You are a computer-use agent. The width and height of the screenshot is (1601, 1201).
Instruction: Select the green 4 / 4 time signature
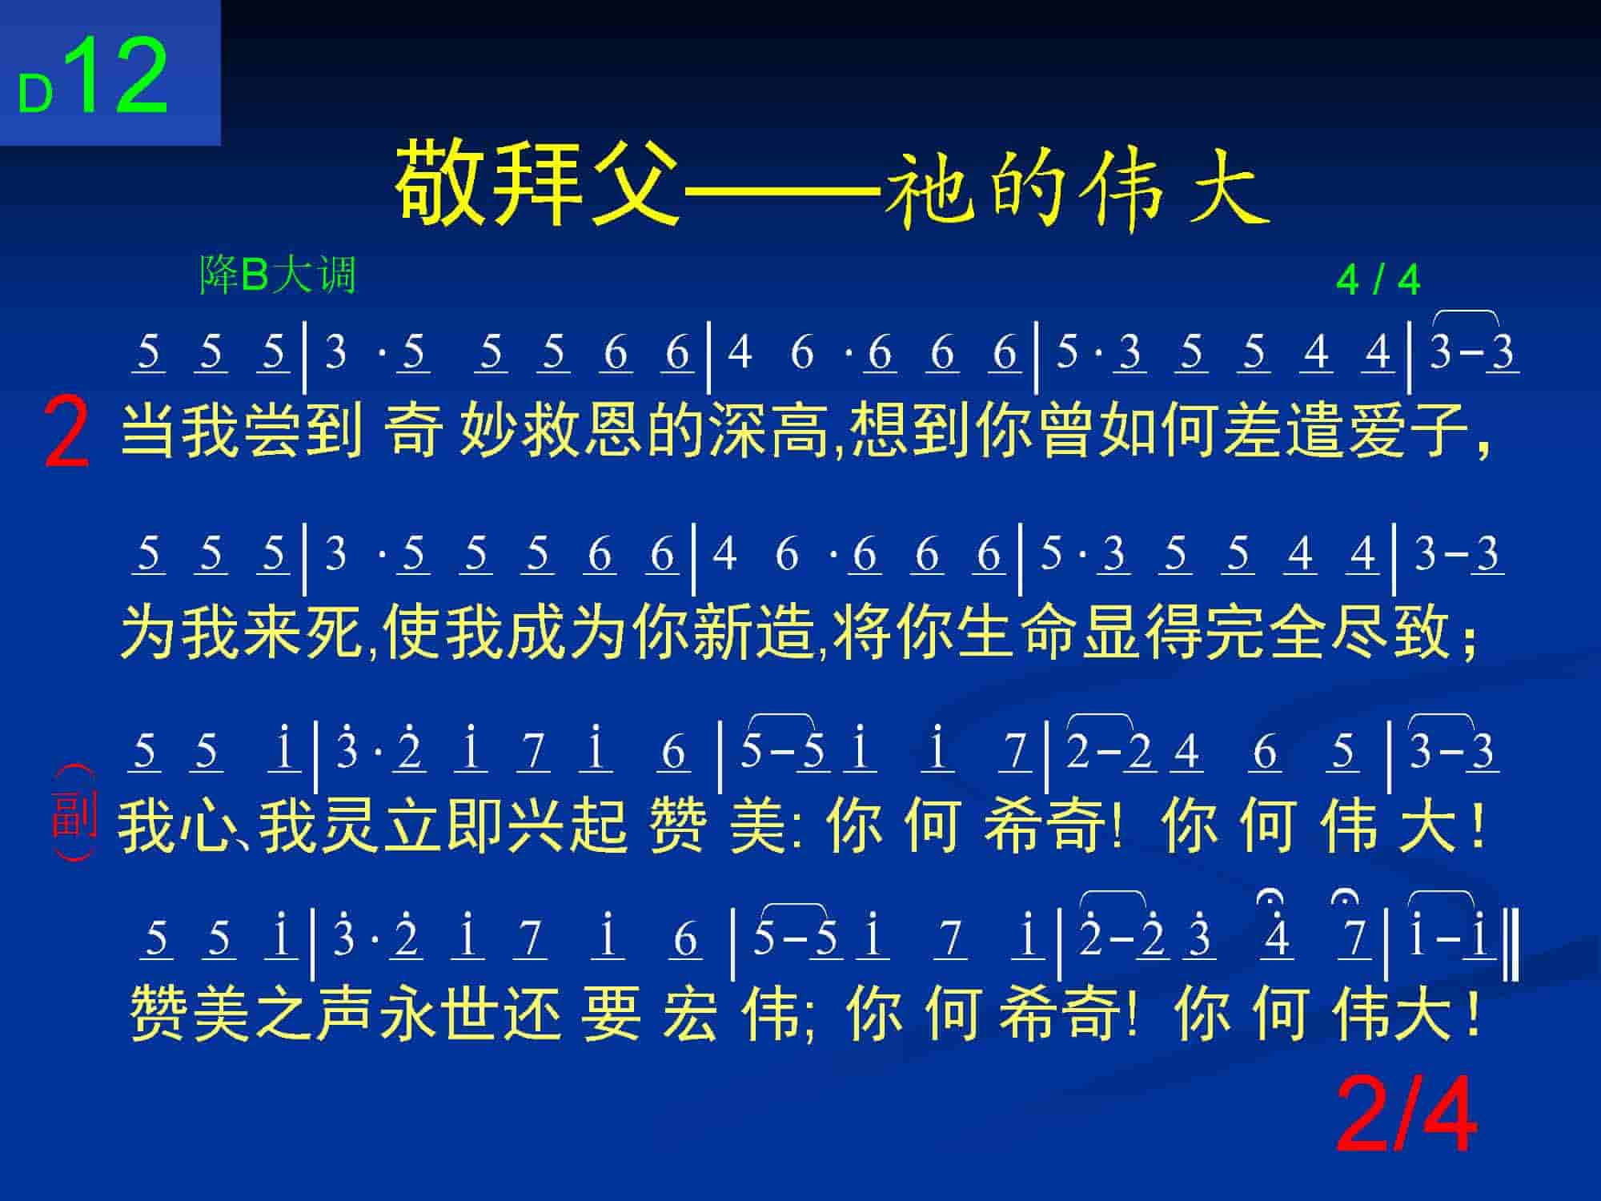1378,281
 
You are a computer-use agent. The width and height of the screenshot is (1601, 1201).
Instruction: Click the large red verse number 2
66,433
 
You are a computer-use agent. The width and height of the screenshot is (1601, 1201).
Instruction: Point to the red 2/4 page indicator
1406,1115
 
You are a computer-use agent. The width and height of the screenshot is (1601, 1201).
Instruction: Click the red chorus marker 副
74,813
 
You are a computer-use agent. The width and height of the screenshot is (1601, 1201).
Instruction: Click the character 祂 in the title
929,186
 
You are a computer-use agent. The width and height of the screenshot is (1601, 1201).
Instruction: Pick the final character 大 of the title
1227,186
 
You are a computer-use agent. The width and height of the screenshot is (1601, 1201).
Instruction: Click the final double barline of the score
1512,949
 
